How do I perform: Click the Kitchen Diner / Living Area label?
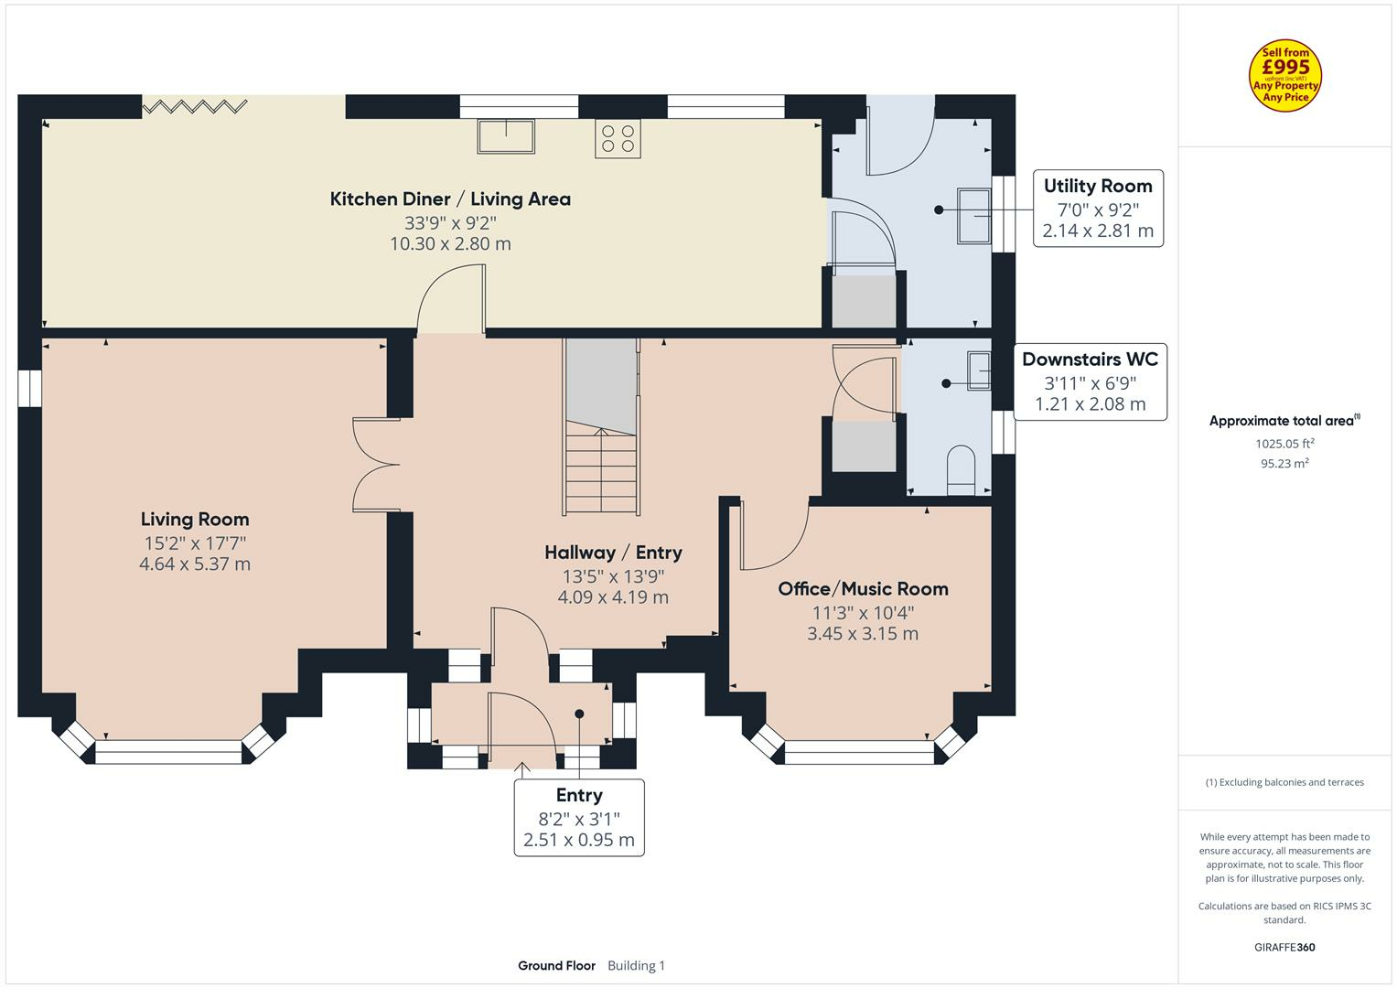click(x=450, y=199)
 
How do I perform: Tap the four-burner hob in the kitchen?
click(x=618, y=138)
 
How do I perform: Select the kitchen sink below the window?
click(x=506, y=135)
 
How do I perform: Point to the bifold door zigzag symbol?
click(x=195, y=107)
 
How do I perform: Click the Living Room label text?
click(x=195, y=520)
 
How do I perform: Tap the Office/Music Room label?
click(x=863, y=589)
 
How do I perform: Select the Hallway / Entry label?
click(x=613, y=553)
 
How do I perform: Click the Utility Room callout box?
click(x=1098, y=209)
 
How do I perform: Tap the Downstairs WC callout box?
click(x=1090, y=381)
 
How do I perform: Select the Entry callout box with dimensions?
click(x=579, y=818)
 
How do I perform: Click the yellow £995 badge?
click(x=1285, y=76)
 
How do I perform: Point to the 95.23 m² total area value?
click(x=1284, y=464)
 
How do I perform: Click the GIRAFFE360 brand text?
click(x=1284, y=948)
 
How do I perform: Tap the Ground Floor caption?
click(x=556, y=966)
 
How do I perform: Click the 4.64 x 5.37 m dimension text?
click(x=195, y=564)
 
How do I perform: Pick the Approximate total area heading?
click(x=1284, y=421)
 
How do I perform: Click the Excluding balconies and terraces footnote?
click(x=1284, y=782)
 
